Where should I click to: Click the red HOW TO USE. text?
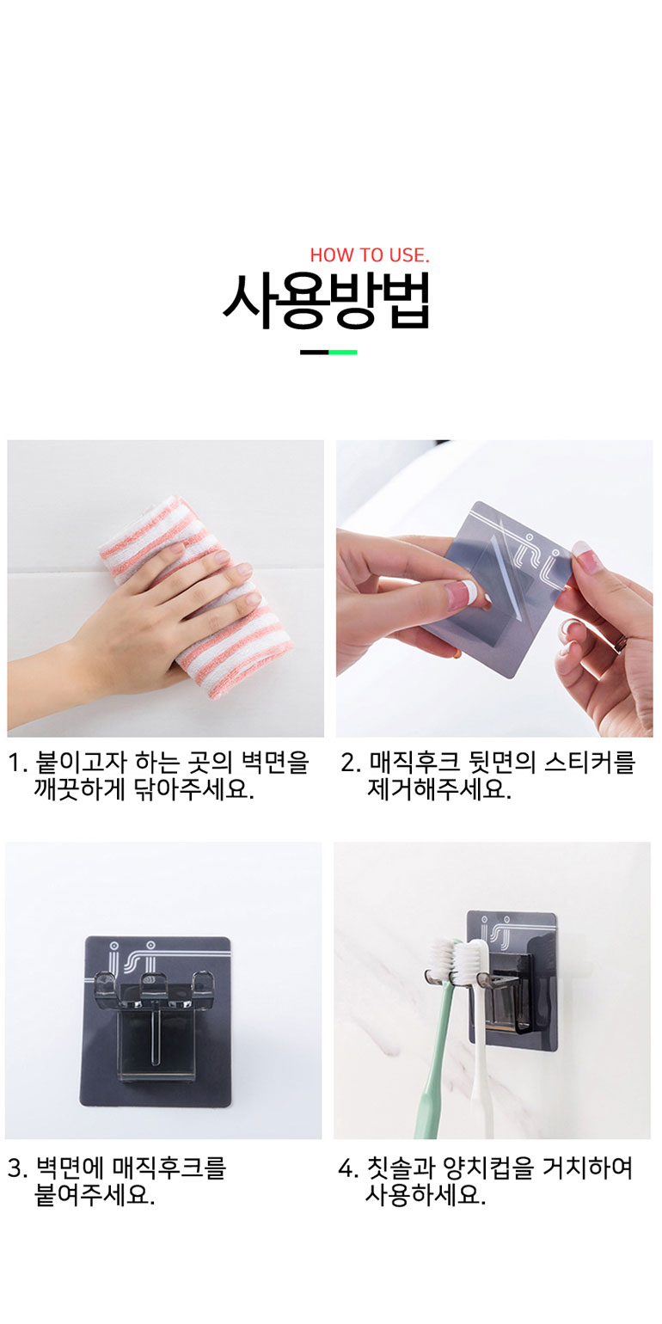coord(370,255)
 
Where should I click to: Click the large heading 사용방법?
coord(327,301)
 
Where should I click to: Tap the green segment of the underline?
coord(343,352)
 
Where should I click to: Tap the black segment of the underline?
coord(315,352)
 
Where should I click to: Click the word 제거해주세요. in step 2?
coord(439,789)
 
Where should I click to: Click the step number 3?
coord(18,1168)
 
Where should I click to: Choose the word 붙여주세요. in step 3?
coord(95,1195)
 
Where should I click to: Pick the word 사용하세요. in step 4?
coord(426,1195)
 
